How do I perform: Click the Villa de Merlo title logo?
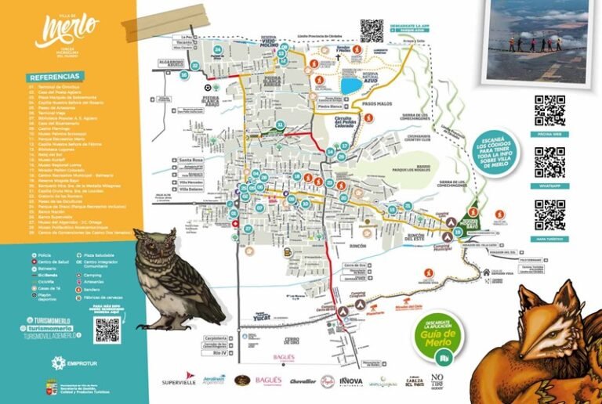click(x=67, y=30)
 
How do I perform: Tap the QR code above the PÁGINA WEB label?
click(x=549, y=110)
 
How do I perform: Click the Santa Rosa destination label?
click(x=193, y=161)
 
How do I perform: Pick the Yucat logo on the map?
click(x=261, y=317)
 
